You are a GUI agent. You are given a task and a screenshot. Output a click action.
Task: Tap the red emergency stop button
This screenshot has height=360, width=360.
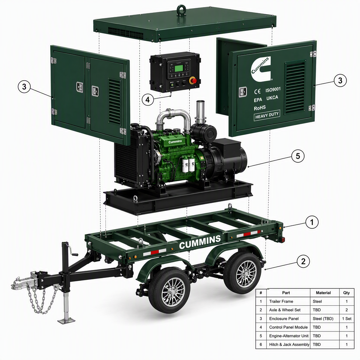(x=194, y=81)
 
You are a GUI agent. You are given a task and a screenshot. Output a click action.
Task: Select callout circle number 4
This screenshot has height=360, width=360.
(x=148, y=100)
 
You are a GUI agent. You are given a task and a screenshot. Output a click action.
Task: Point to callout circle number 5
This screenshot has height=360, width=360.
(x=298, y=156)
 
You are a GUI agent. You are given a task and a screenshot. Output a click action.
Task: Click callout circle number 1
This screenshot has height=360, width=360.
(x=312, y=222)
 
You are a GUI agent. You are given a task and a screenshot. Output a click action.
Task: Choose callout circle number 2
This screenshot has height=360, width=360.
(x=303, y=261)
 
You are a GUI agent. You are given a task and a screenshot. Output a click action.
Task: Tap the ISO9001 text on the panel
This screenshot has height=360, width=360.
(x=273, y=90)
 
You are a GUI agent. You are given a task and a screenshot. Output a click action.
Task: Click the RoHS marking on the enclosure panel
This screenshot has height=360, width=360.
(x=259, y=108)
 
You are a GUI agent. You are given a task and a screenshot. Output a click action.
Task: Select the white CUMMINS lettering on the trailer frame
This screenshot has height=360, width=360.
(x=200, y=242)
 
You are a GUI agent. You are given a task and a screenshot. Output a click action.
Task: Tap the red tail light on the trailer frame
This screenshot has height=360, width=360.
(x=283, y=240)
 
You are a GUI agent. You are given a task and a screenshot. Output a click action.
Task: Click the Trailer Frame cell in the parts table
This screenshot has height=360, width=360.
(x=281, y=301)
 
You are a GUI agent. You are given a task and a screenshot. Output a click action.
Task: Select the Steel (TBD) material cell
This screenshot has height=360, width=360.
(x=323, y=318)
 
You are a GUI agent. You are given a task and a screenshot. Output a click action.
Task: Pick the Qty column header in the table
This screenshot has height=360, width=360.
(x=346, y=293)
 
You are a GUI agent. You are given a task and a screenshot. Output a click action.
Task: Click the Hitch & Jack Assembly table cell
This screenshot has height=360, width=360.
(x=289, y=344)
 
